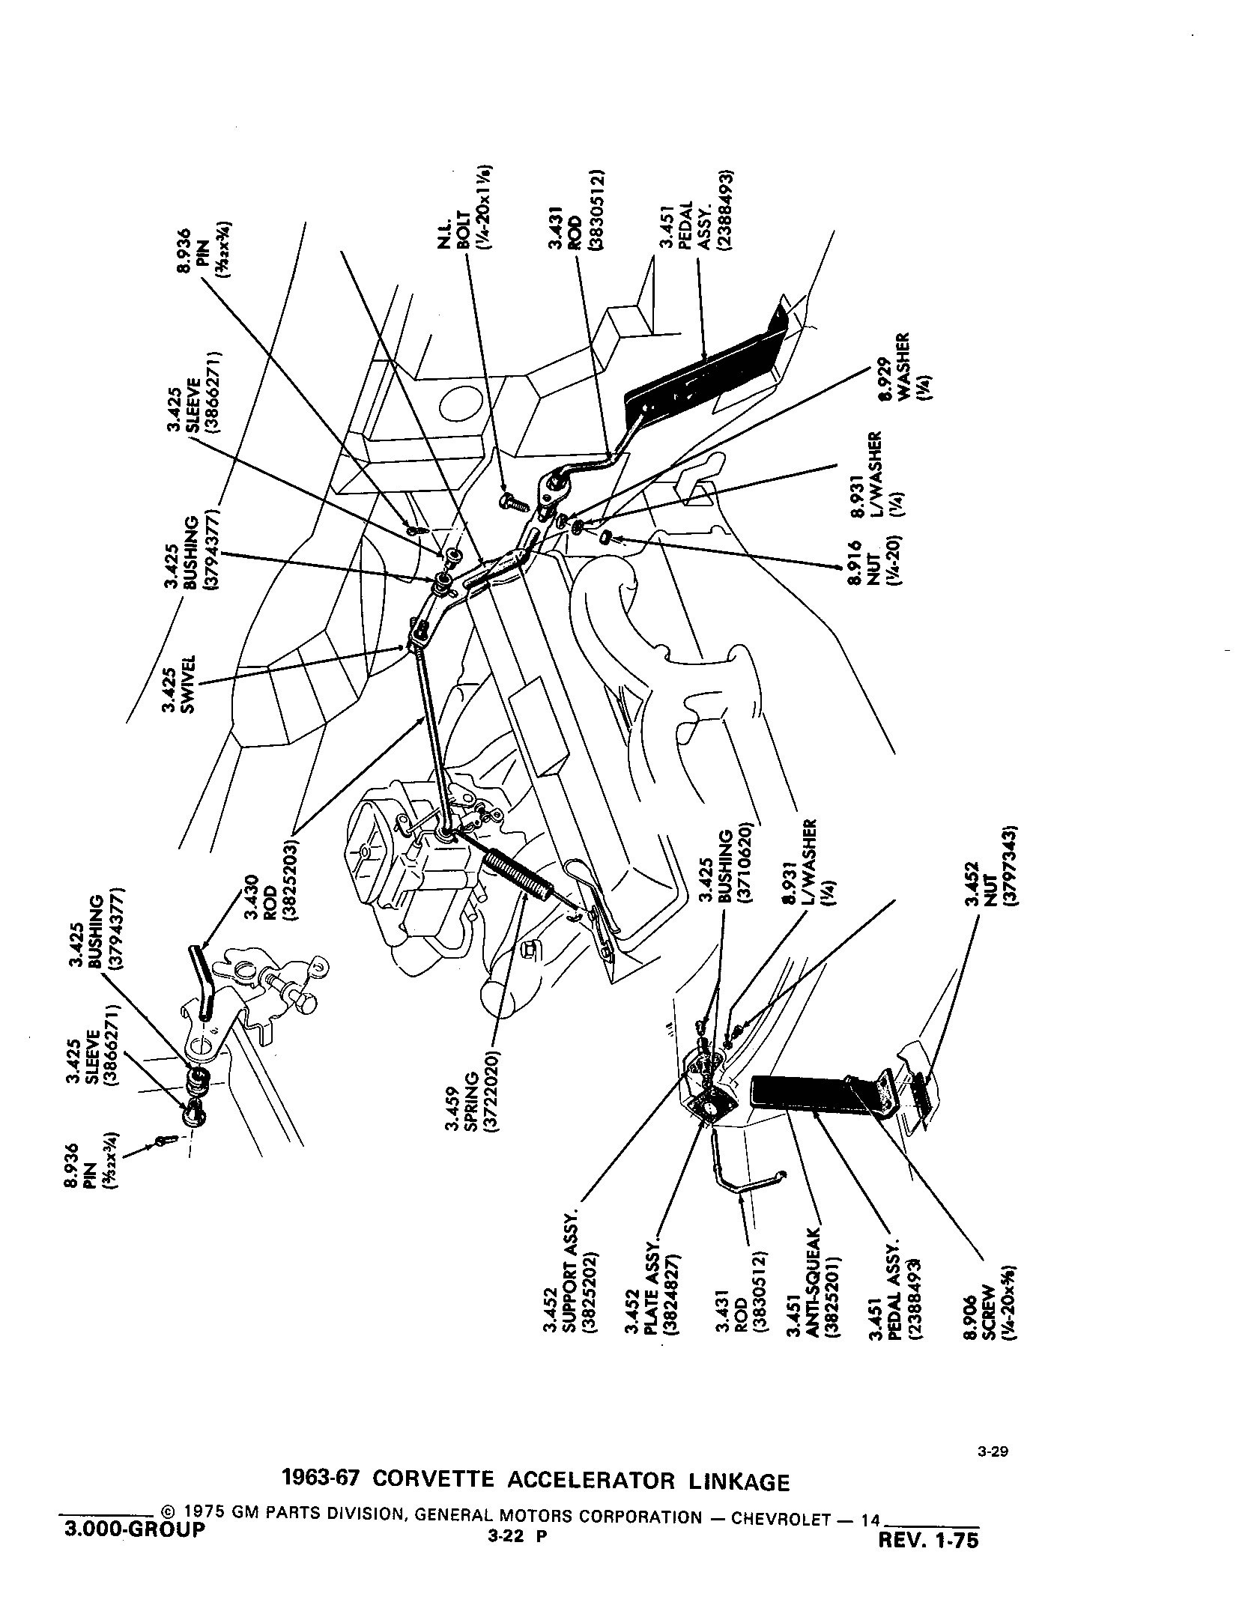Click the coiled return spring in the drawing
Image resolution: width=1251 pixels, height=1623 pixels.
(516, 872)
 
